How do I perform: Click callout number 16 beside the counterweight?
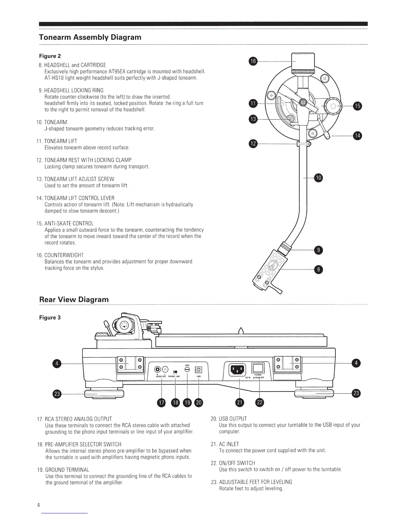(253, 61)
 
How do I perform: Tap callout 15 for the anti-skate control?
(358, 106)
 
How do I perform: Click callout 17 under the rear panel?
(161, 403)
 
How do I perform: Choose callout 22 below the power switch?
(259, 403)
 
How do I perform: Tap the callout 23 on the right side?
(356, 394)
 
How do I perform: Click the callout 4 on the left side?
(57, 364)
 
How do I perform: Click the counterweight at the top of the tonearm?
(303, 62)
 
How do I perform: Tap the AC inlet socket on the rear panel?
(237, 369)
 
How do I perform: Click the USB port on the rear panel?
(199, 369)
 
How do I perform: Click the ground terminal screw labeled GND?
(187, 370)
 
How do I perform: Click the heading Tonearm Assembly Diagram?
(90, 37)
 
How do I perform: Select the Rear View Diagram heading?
(74, 299)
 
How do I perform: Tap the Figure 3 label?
(50, 318)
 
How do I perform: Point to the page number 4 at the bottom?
(38, 505)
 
